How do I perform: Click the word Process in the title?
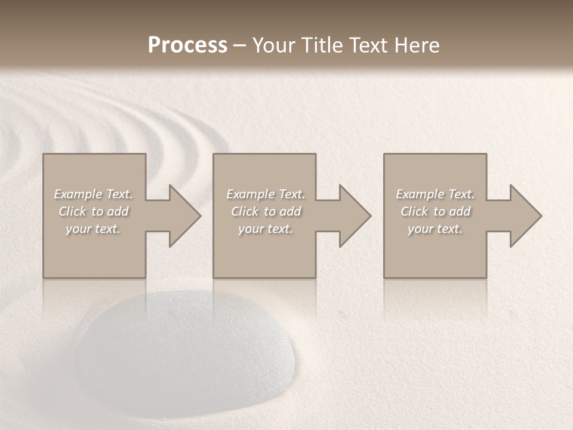click(187, 45)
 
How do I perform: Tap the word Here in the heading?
click(418, 45)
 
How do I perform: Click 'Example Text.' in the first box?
click(93, 194)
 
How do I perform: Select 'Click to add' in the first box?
click(93, 211)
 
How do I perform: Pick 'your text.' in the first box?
click(93, 229)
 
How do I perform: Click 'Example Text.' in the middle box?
click(266, 194)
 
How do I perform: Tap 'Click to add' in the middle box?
click(266, 211)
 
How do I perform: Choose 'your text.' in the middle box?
click(266, 229)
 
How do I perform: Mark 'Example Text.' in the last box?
click(435, 194)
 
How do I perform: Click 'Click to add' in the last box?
click(435, 211)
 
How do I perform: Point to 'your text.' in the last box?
click(435, 229)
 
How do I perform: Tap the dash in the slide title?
click(239, 46)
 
